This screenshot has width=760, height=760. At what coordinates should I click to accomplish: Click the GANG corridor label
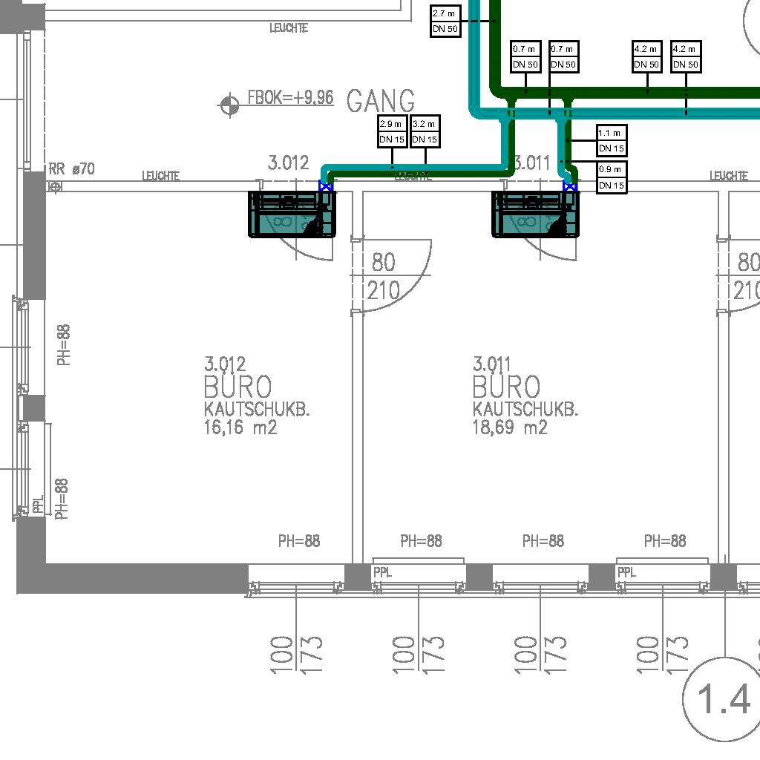[381, 101]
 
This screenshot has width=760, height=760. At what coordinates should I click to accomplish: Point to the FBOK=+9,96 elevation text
[290, 98]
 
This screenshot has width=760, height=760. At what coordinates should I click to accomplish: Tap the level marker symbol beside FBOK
[229, 105]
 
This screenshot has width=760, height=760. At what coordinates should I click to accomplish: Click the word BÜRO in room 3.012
[237, 387]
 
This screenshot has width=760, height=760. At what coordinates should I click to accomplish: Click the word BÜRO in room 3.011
[507, 387]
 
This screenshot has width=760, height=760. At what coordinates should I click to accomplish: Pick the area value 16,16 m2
[240, 427]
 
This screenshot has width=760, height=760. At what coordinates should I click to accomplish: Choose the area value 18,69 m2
[510, 427]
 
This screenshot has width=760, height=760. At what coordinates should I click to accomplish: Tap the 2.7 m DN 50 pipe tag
[445, 21]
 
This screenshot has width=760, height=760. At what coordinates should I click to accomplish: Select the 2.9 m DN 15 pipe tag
[391, 131]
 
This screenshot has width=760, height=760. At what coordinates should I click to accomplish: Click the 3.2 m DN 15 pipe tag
[425, 131]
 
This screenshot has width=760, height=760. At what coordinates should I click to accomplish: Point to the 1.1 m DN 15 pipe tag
[612, 140]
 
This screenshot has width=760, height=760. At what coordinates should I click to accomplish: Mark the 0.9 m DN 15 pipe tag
[612, 177]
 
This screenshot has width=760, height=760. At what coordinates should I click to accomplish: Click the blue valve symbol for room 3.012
[324, 186]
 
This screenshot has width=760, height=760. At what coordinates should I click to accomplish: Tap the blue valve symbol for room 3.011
[569, 186]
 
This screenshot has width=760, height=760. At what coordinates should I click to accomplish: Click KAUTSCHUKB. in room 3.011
[525, 409]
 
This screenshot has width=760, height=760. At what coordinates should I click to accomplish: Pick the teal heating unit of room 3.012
[292, 214]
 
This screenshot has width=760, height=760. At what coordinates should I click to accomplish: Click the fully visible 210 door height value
[383, 290]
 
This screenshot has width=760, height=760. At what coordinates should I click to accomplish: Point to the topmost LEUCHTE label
[289, 28]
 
